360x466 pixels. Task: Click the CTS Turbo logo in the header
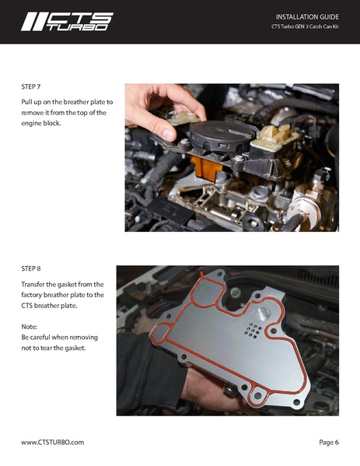(66, 21)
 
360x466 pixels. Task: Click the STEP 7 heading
(33, 88)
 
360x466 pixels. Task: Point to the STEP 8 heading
(33, 270)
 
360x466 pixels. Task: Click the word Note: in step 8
(31, 326)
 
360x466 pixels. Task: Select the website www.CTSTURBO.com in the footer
(52, 442)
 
